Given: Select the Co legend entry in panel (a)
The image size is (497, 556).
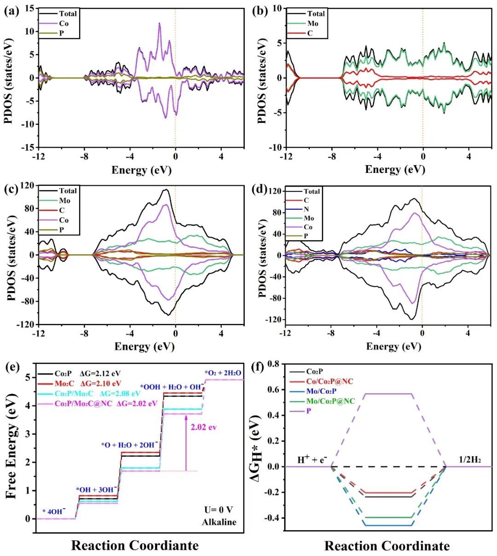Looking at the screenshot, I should tap(64, 23).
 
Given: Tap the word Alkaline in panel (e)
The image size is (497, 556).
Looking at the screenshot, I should tap(219, 522).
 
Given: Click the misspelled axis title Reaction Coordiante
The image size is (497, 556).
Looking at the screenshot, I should tap(135, 545).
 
